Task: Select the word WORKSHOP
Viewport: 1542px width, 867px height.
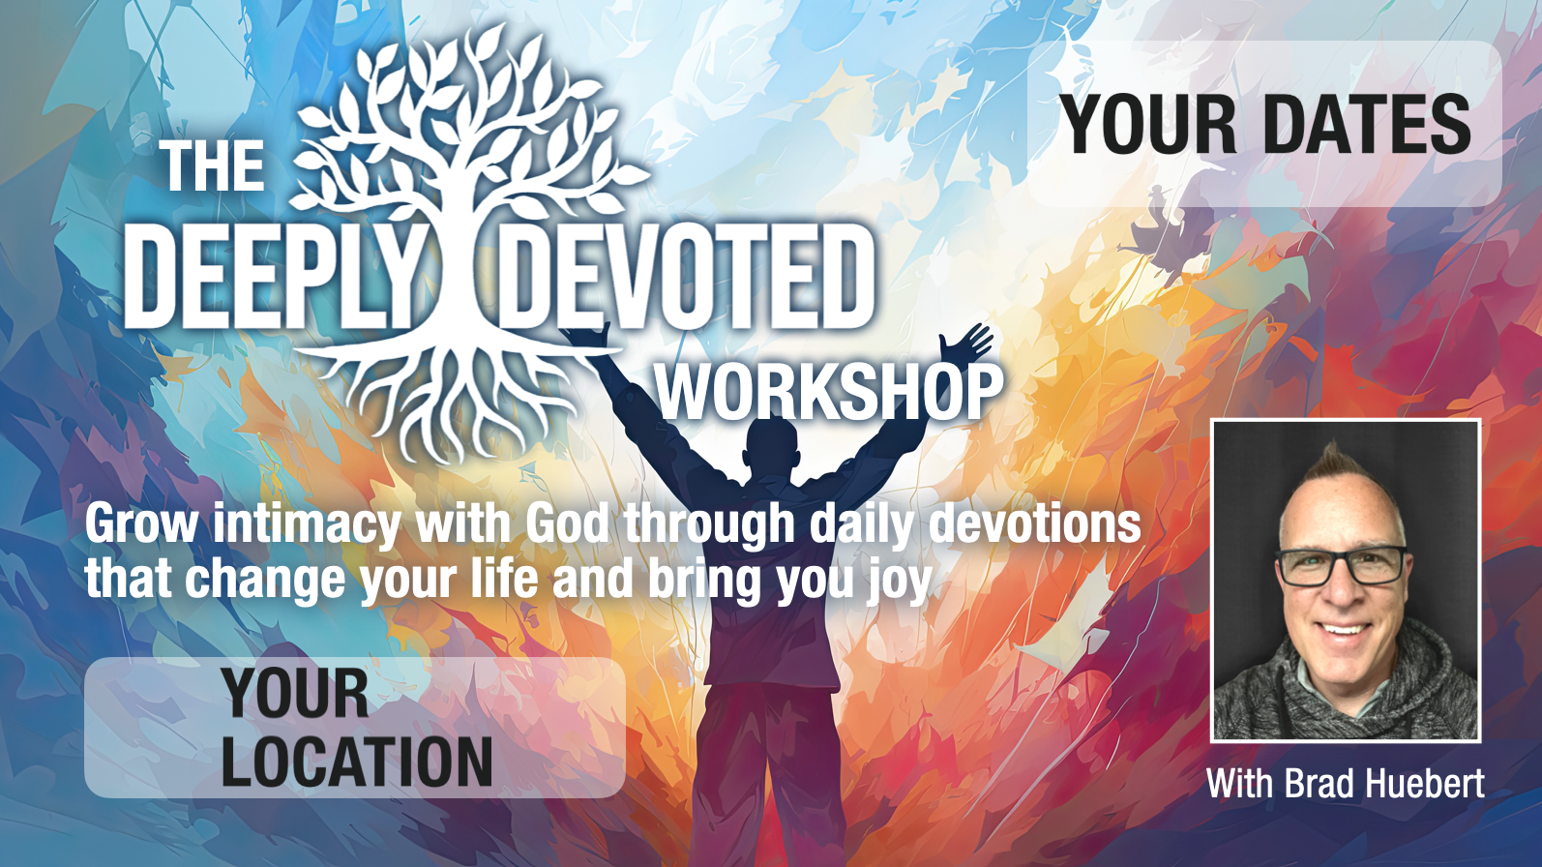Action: (x=829, y=392)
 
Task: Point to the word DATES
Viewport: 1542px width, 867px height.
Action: (x=1367, y=125)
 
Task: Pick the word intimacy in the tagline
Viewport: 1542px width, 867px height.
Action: (x=306, y=525)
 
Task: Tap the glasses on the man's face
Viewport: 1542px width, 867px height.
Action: (x=1340, y=565)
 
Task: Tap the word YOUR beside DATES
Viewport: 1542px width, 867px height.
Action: (x=1147, y=125)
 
